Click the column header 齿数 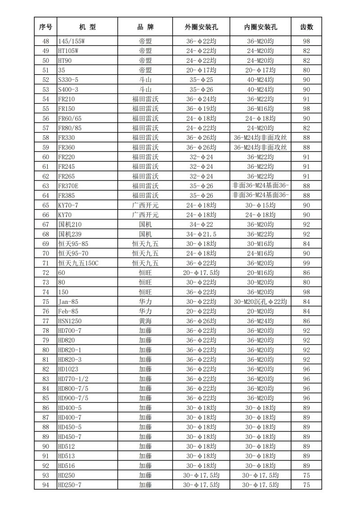coord(306,27)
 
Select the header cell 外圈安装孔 coord(201,27)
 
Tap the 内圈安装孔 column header coord(260,27)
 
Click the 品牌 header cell coord(145,27)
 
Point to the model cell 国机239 coord(71,234)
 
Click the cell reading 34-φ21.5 coord(201,234)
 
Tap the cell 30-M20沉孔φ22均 coord(260,302)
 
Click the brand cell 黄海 coord(145,321)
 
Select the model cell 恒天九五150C coord(78,263)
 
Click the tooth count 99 coord(306,263)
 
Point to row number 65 coord(45,205)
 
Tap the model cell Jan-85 coord(67,302)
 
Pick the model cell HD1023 coord(68,369)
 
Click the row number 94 coord(45,485)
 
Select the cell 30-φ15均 coord(260,205)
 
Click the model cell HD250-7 coord(70,485)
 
